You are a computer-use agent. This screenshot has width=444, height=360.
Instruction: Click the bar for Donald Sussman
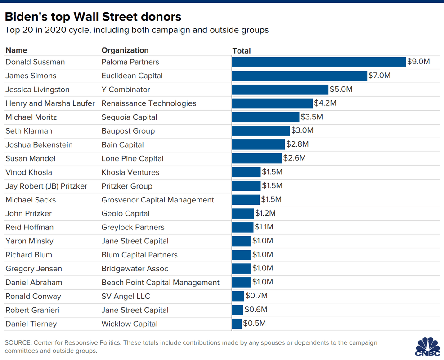[318, 62]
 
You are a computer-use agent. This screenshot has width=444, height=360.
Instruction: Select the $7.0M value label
[379, 76]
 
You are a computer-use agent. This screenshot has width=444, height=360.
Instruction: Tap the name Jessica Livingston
[37, 90]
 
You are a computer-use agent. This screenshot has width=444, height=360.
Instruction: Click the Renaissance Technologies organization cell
[148, 103]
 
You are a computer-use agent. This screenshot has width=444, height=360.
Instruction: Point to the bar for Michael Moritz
[265, 117]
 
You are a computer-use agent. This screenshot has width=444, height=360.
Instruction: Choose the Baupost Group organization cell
[128, 131]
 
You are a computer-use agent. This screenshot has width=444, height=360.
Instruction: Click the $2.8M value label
[297, 144]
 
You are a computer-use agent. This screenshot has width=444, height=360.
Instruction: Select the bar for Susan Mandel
[256, 158]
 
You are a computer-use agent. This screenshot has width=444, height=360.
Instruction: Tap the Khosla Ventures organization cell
[130, 172]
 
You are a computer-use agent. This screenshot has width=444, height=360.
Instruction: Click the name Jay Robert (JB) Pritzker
[46, 186]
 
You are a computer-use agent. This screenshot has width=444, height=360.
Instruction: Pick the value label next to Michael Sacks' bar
[272, 199]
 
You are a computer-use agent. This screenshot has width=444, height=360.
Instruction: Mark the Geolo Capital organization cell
[125, 214]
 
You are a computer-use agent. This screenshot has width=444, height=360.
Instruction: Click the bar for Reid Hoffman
[242, 227]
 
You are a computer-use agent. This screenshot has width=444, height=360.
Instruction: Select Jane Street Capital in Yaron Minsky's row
[135, 241]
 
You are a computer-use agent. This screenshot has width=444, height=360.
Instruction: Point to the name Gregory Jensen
[34, 269]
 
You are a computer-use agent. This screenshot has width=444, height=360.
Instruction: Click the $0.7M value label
[256, 296]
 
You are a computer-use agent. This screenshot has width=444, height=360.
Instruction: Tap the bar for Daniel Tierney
[237, 324]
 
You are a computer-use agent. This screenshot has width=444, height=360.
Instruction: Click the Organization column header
[125, 50]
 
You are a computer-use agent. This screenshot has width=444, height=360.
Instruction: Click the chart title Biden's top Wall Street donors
[93, 17]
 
